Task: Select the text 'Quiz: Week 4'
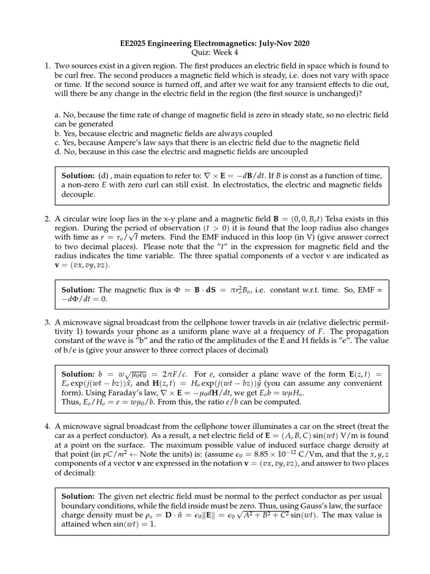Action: click(215, 53)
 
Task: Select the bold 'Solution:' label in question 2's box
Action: click(78, 289)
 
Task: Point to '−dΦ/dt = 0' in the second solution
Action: click(84, 299)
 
